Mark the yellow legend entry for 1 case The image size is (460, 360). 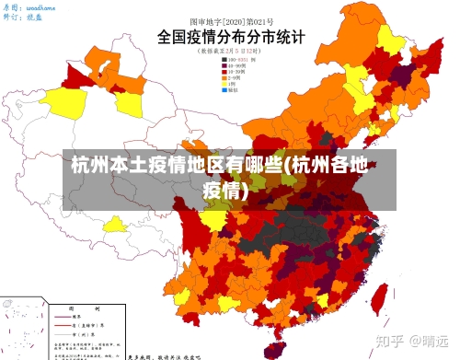click(234, 86)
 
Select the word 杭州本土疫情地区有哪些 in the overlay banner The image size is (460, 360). click(175, 168)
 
